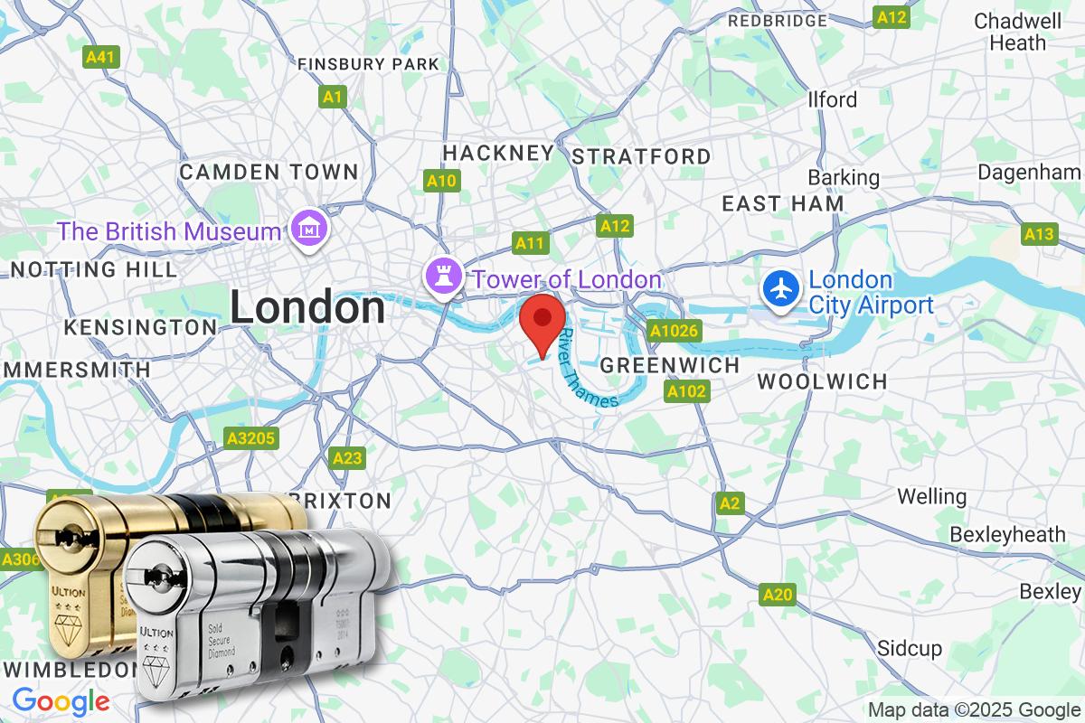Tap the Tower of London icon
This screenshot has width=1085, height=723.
click(x=444, y=279)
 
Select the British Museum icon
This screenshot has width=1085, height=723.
click(x=310, y=230)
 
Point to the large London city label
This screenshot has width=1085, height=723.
click(x=307, y=308)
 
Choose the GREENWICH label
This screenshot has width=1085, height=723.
click(x=670, y=365)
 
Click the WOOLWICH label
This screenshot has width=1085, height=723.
click(x=822, y=381)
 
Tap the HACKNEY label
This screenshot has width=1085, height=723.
click(x=497, y=153)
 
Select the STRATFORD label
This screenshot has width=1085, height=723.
click(x=642, y=156)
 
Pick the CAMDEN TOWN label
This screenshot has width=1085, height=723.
click(x=269, y=172)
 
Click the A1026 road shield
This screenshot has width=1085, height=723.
click(x=675, y=331)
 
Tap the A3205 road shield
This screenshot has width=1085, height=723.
click(x=252, y=438)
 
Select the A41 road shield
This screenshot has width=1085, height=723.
click(x=101, y=57)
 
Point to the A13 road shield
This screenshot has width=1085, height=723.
click(x=1040, y=234)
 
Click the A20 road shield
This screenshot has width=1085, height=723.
click(x=778, y=594)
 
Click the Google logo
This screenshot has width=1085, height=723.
click(x=61, y=701)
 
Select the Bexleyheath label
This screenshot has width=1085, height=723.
click(x=1007, y=535)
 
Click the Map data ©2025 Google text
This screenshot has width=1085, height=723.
click(x=974, y=709)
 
